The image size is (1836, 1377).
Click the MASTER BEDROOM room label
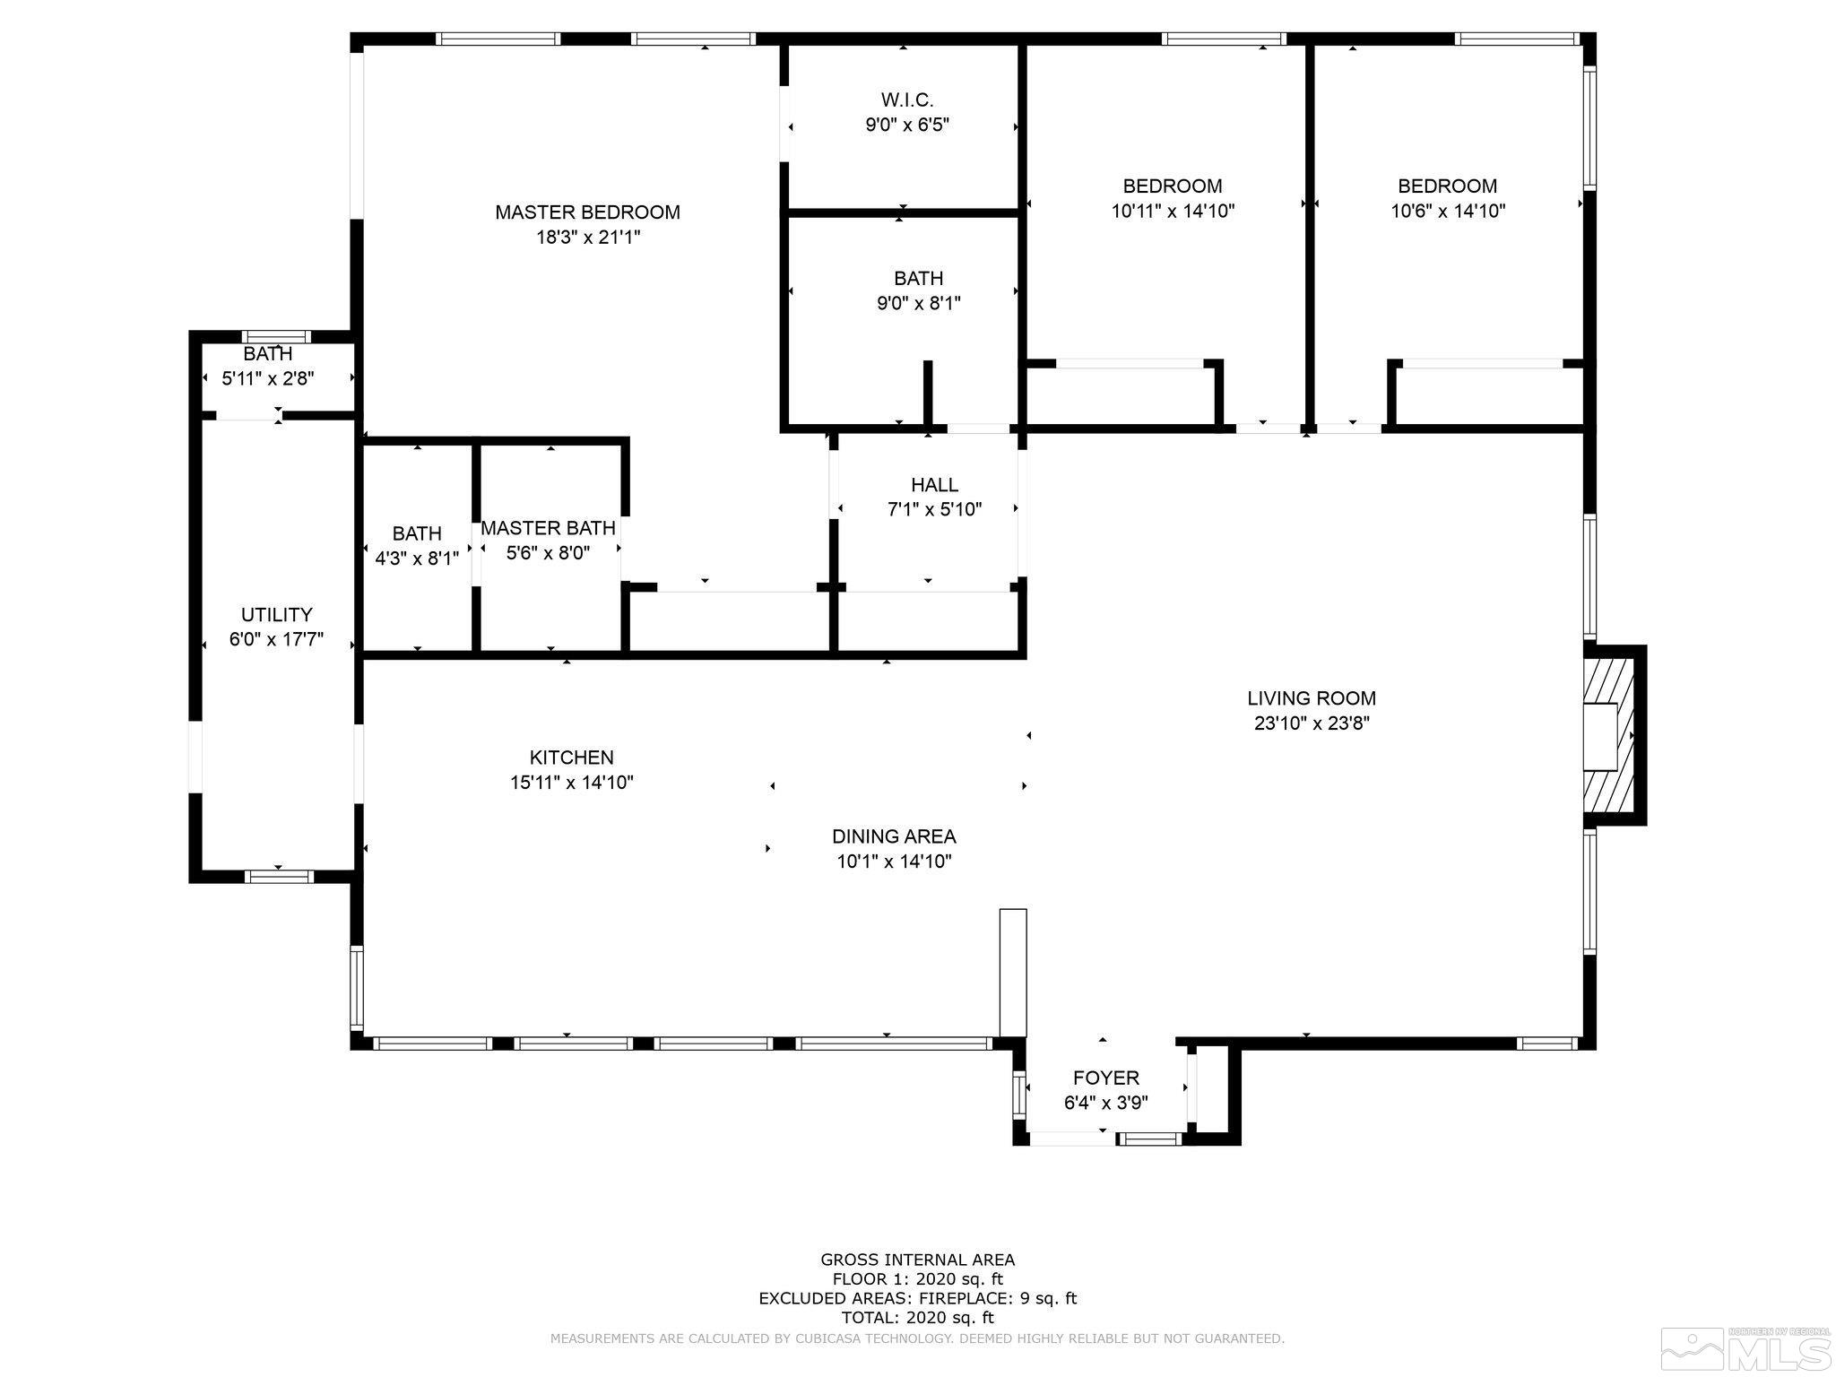pyautogui.click(x=587, y=212)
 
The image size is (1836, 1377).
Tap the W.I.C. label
pyautogui.click(x=907, y=100)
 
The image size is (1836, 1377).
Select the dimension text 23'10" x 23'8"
pyautogui.click(x=1312, y=723)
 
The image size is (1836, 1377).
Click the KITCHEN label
pyautogui.click(x=572, y=758)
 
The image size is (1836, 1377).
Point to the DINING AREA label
pyautogui.click(x=894, y=836)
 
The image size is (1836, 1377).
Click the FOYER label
pyautogui.click(x=1106, y=1078)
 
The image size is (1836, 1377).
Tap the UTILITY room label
pyautogui.click(x=276, y=615)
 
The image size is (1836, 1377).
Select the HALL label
pyautogui.click(x=934, y=485)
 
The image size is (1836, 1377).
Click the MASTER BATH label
pyautogui.click(x=548, y=528)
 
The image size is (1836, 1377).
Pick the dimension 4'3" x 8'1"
pyautogui.click(x=417, y=559)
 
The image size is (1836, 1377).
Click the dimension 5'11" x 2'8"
pyautogui.click(x=268, y=378)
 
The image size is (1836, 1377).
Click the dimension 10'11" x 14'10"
pyautogui.click(x=1173, y=212)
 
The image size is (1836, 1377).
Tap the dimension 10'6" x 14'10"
pyautogui.click(x=1448, y=212)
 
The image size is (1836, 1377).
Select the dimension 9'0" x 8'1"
pyautogui.click(x=919, y=304)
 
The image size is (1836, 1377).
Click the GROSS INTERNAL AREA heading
pyautogui.click(x=918, y=1260)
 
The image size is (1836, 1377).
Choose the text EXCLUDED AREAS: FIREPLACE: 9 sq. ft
pyautogui.click(x=918, y=1298)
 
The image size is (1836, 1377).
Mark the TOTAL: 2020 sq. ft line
pyautogui.click(x=918, y=1318)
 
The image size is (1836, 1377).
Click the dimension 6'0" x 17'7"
pyautogui.click(x=276, y=640)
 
